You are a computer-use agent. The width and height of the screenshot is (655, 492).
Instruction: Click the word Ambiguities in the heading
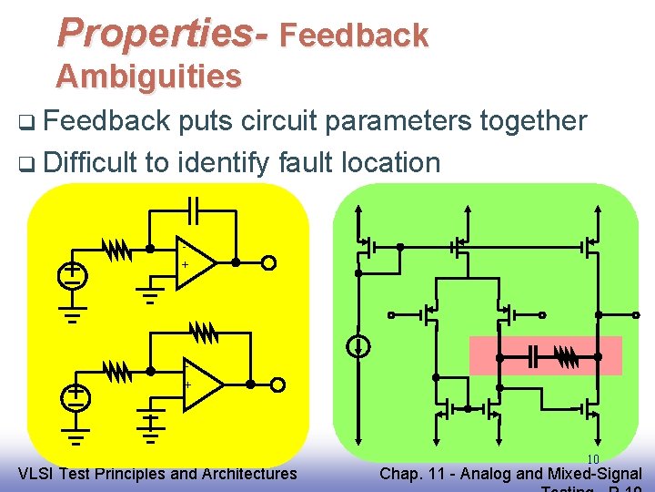click(148, 77)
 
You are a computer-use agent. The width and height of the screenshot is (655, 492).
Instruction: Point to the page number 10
click(592, 459)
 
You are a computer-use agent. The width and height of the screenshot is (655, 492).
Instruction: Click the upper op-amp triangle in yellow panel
click(194, 262)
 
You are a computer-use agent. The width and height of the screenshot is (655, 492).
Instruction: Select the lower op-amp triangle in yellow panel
click(202, 384)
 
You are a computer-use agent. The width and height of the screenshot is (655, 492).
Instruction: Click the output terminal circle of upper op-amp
click(268, 263)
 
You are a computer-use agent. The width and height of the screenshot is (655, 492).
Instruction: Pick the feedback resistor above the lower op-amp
click(205, 333)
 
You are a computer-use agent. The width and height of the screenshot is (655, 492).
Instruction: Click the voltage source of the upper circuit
click(73, 274)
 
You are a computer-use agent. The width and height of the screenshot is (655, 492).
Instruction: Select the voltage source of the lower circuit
click(76, 396)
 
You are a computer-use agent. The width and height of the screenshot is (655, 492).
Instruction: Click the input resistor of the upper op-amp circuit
click(117, 248)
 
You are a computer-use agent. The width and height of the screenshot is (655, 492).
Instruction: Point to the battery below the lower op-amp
click(151, 423)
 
